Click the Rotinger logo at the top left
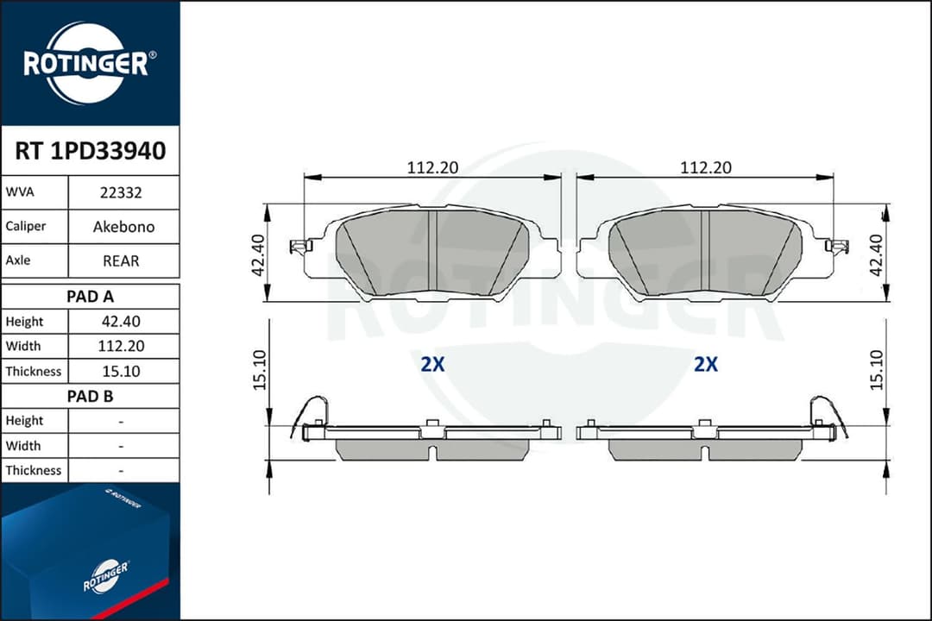coord(90,63)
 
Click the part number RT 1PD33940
coord(90,152)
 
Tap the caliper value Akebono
coord(123,227)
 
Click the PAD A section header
coord(90,296)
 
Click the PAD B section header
coord(90,397)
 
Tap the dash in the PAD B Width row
coord(122,446)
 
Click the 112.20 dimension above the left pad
coord(432,167)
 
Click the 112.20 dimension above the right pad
coord(705,167)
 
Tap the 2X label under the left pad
coord(432,365)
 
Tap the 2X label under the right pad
coord(706,365)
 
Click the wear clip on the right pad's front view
coord(836,247)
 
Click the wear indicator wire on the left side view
coord(309,413)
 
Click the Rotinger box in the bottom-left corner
coord(90,552)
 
